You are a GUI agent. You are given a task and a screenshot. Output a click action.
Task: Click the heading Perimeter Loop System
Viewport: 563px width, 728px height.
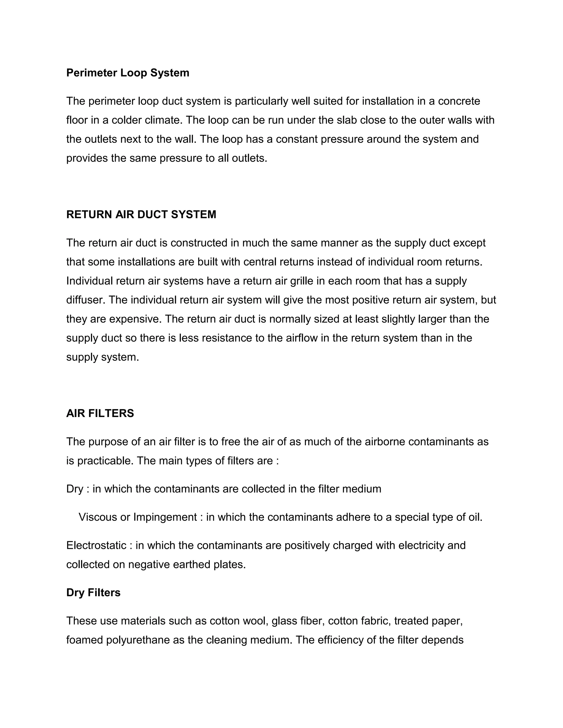(128, 73)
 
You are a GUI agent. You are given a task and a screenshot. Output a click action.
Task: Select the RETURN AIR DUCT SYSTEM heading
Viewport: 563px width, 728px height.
(141, 214)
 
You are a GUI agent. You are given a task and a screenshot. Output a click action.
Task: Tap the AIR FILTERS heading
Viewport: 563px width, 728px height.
(100, 413)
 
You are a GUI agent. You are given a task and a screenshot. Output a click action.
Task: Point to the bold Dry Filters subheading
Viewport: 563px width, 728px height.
(93, 592)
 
